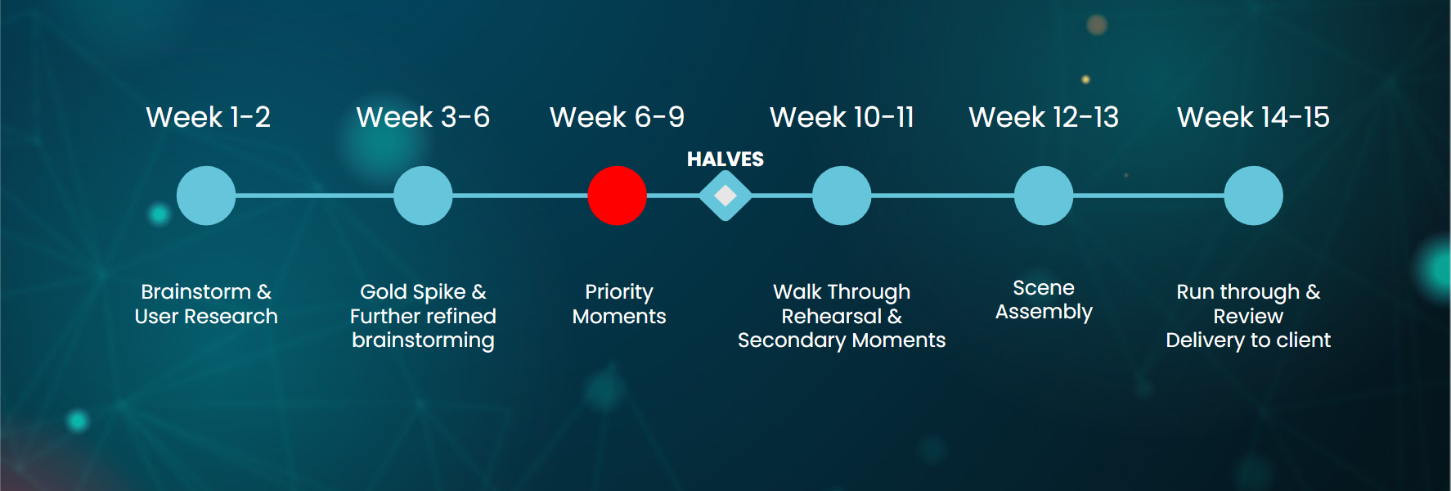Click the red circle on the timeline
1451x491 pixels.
coord(618,196)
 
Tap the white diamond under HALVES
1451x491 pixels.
coord(725,196)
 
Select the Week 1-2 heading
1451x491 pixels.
coord(208,117)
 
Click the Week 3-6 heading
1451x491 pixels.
coord(423,117)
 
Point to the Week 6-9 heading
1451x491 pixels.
coord(617,117)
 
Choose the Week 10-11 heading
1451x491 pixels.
coord(842,117)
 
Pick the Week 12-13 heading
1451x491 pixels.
coord(1044,117)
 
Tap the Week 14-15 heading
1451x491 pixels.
coord(1253,117)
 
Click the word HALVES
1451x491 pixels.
coord(725,159)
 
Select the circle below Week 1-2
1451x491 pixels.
coord(206,196)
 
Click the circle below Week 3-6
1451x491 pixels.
coord(423,196)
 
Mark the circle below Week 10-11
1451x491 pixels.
coord(842,196)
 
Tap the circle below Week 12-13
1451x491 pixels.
coord(1044,196)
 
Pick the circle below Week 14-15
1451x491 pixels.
coord(1253,196)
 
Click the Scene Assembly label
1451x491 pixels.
coord(1044,300)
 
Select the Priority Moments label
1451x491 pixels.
coord(619,304)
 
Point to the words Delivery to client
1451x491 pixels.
coord(1248,340)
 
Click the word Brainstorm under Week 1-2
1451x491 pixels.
coord(196,292)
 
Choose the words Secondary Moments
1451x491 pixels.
coord(842,340)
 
